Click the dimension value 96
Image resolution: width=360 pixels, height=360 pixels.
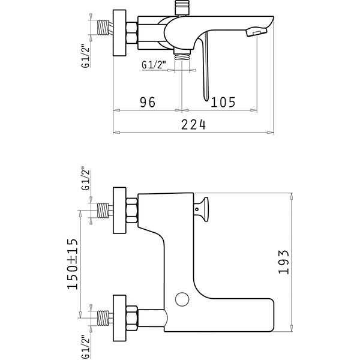tap(148, 103)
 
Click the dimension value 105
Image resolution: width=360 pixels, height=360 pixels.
tap(223, 103)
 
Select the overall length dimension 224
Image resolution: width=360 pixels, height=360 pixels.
tap(194, 125)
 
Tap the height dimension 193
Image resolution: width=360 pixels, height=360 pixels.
tap(283, 262)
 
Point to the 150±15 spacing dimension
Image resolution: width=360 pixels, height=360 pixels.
tap(73, 264)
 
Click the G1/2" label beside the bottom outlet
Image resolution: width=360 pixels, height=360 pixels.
tap(154, 65)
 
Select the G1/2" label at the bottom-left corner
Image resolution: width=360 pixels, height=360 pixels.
tap(86, 347)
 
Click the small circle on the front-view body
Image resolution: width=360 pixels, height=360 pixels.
tap(182, 299)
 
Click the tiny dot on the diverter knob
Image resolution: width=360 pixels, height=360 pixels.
tap(197, 209)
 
